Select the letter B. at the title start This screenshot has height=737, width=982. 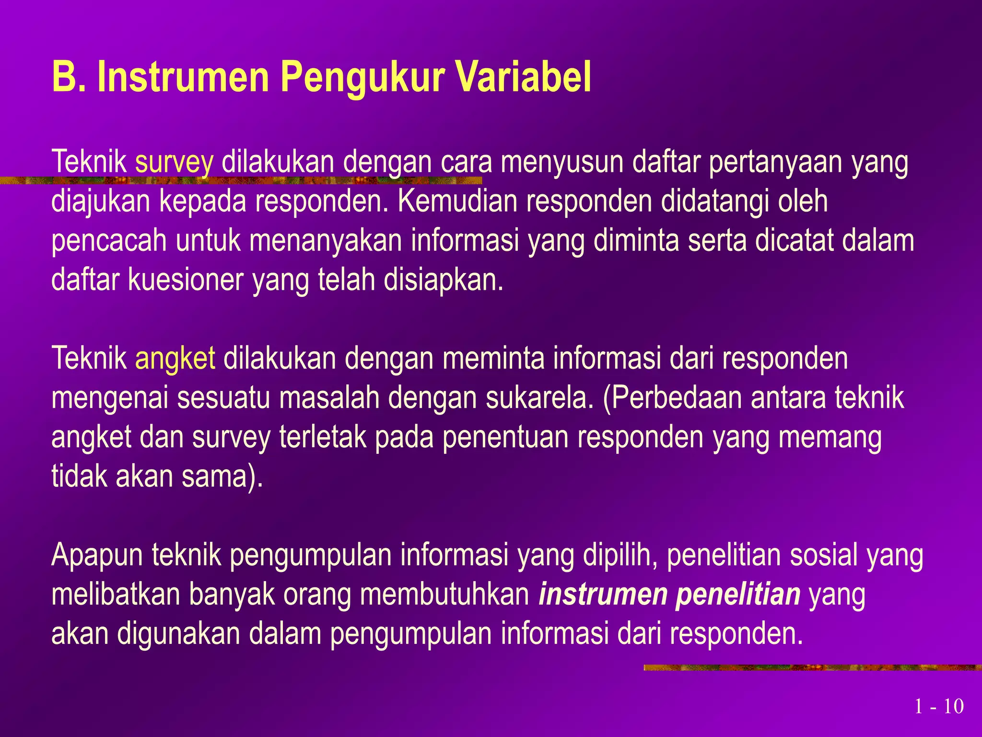(x=69, y=77)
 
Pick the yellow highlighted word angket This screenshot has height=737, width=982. (x=175, y=359)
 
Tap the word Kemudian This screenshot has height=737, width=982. (x=457, y=202)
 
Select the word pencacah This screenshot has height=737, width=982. (x=109, y=241)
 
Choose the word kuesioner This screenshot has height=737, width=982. (x=186, y=280)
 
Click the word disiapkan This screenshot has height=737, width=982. (x=443, y=280)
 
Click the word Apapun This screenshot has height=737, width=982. (x=97, y=556)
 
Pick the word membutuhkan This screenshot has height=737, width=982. (x=444, y=595)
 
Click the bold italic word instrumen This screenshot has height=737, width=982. (x=603, y=595)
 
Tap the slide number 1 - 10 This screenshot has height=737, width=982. (x=938, y=706)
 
